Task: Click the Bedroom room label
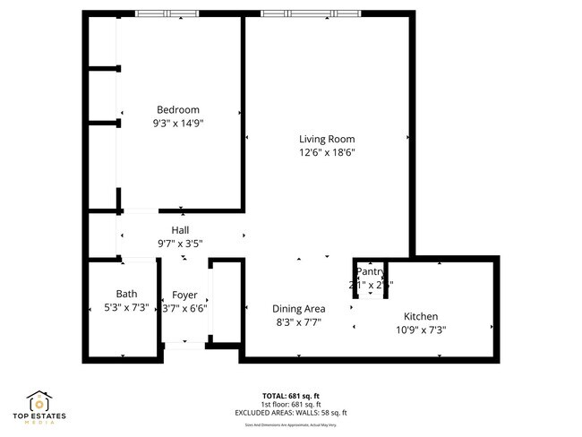(177, 110)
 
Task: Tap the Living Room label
(327, 139)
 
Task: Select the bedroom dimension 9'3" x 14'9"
(178, 124)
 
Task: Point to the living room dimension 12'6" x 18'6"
(327, 153)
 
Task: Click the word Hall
(180, 230)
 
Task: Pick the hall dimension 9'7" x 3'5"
(180, 244)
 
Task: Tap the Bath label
(126, 294)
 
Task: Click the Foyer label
(184, 295)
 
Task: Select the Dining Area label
(298, 309)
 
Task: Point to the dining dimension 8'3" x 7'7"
(298, 322)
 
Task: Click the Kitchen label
(421, 316)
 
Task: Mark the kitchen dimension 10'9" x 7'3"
(421, 330)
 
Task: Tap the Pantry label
(370, 271)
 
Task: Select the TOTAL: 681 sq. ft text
(291, 395)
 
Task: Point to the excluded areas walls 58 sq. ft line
(291, 412)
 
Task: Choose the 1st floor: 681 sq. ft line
(291, 404)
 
